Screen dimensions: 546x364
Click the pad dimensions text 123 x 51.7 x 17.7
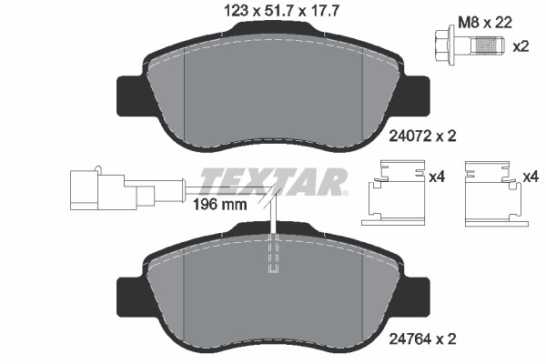[280, 11]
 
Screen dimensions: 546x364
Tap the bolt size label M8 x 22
[485, 23]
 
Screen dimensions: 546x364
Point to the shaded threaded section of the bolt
[486, 45]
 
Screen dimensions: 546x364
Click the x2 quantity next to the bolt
[521, 46]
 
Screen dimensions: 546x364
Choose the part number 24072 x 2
[422, 136]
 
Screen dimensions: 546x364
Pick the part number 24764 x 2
[422, 338]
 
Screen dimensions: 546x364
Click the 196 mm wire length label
[219, 205]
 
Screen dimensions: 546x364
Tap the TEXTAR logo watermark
[274, 181]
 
